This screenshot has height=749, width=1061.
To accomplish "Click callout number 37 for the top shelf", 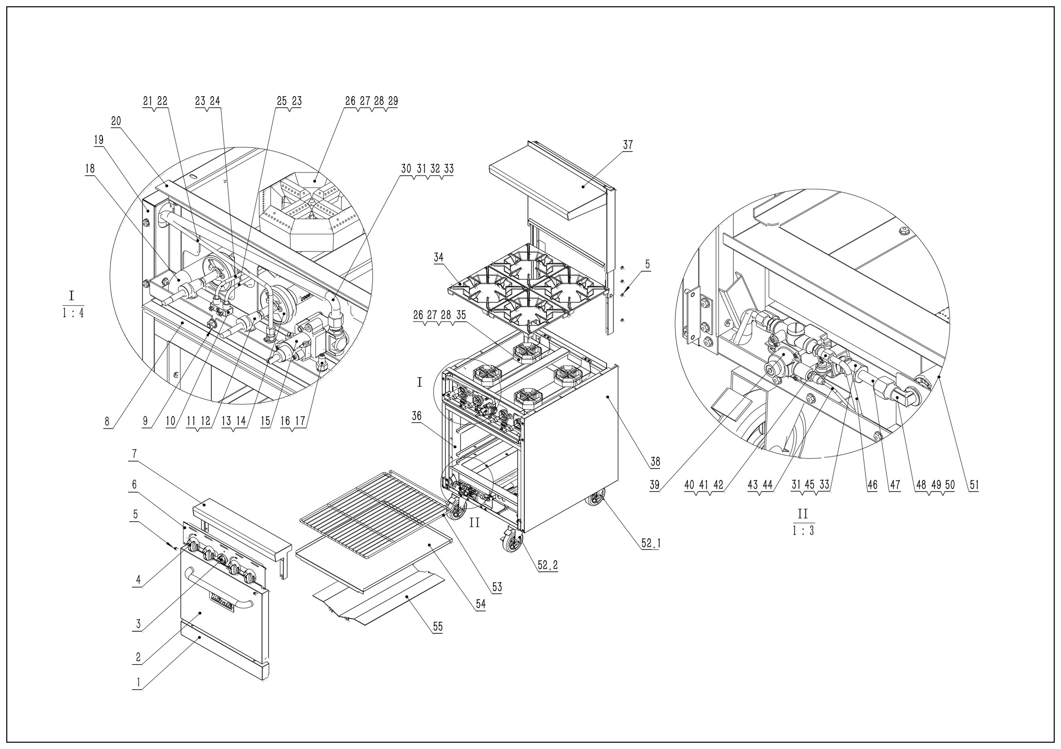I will pos(628,145).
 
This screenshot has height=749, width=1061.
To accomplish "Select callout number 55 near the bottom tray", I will pos(438,627).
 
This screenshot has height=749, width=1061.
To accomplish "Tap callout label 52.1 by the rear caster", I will pos(651,543).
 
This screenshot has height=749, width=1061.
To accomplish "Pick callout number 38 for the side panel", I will pos(655,461).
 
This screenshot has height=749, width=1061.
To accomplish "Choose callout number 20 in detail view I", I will pos(116,122).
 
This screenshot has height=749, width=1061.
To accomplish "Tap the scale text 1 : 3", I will pos(803,531).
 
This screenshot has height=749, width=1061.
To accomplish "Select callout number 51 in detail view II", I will pos(974,485).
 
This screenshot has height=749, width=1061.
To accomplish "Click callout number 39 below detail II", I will pos(654,485).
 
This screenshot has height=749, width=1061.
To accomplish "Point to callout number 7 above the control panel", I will pos(134,454).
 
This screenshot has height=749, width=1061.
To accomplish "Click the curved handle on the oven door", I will pos(217,588).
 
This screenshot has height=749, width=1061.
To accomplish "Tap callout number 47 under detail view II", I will pos(895,485).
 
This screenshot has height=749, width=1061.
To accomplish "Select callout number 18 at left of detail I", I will pos(90,168).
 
